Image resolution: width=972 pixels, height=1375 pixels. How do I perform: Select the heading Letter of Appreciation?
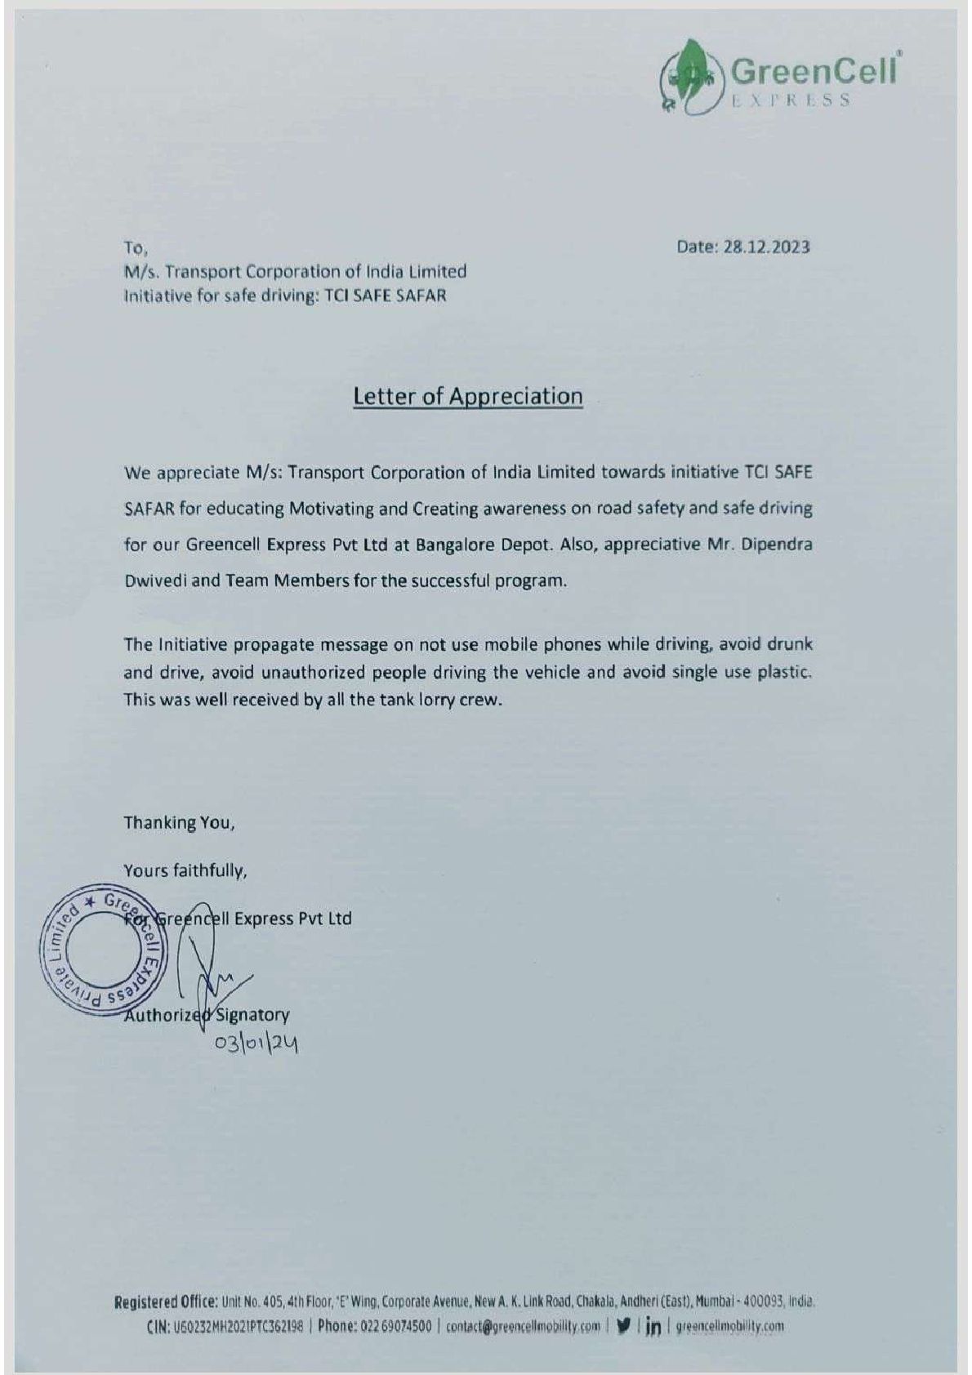click(467, 397)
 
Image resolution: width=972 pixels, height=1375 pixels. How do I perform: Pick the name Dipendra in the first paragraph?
click(778, 545)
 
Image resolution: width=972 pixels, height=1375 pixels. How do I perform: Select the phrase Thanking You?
click(179, 823)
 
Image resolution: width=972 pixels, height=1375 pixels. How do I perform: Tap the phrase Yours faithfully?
click(185, 871)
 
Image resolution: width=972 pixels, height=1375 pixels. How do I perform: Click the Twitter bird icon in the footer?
click(625, 1326)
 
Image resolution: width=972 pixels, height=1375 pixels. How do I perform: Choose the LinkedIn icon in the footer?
click(653, 1327)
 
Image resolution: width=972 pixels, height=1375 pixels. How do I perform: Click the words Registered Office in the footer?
click(166, 1302)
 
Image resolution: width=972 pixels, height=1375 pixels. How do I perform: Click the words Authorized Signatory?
click(206, 1016)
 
